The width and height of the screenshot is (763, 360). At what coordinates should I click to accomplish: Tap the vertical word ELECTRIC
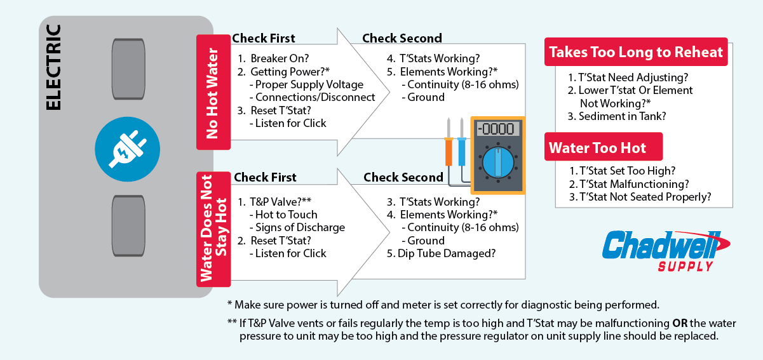tap(55, 67)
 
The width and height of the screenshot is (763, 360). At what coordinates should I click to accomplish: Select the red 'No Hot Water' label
tap(213, 93)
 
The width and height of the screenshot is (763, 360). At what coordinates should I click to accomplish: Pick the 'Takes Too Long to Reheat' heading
tap(636, 52)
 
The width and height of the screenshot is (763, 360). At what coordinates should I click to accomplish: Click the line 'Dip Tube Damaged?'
tap(447, 253)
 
